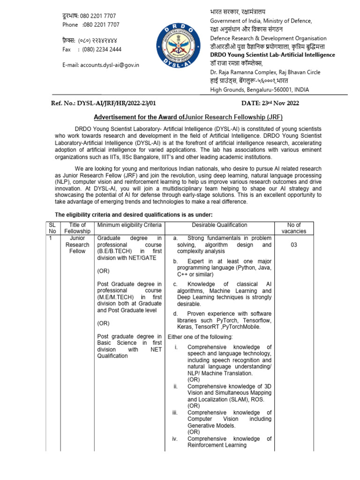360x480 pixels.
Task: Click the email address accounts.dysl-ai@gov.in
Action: pos(100,65)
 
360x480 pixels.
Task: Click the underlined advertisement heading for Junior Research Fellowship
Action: pos(188,117)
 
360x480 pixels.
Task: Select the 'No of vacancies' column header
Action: pos(294,228)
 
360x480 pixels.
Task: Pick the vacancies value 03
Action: pos(294,245)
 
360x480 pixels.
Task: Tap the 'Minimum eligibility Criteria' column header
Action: pos(129,225)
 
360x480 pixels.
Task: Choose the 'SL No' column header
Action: pos(52,228)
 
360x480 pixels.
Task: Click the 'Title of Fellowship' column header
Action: pos(77,228)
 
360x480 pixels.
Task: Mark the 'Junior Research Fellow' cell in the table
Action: pos(77,244)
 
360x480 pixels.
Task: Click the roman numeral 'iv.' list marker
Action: pos(175,439)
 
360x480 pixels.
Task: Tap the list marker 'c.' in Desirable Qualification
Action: pos(175,284)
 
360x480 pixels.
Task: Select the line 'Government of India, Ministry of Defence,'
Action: pos(261,21)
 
